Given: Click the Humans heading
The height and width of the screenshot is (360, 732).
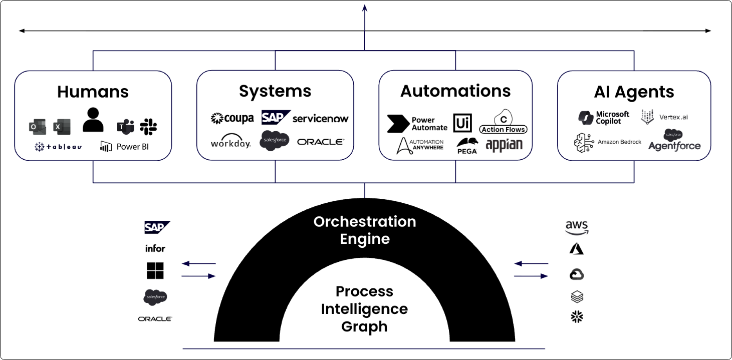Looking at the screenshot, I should [93, 92].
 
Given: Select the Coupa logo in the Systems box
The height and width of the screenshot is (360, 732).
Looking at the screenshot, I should [232, 118].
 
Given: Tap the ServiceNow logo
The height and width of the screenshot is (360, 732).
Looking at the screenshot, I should [320, 119].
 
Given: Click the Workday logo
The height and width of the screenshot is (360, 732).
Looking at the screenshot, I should [230, 142].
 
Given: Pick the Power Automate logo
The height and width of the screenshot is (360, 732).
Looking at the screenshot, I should [417, 124].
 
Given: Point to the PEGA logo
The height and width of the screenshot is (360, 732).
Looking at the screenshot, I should [467, 145].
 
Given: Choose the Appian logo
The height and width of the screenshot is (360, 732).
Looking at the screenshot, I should [504, 145].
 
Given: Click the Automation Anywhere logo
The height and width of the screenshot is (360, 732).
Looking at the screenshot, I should [420, 145].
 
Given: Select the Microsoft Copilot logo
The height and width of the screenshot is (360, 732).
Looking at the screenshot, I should [604, 118].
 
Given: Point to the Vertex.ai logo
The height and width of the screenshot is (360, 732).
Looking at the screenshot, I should [664, 117].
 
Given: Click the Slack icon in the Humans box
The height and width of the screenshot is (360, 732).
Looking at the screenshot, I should [148, 127].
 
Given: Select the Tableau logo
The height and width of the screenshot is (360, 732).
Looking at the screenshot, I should [58, 147].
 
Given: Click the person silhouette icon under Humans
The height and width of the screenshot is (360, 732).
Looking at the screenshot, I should [93, 120].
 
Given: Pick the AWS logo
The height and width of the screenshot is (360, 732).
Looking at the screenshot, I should [577, 228].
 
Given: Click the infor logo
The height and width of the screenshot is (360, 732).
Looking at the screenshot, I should [155, 248].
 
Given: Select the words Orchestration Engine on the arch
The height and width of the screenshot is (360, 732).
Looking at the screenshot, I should [365, 230].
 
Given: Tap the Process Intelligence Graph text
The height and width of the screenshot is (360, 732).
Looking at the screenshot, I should [364, 308].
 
